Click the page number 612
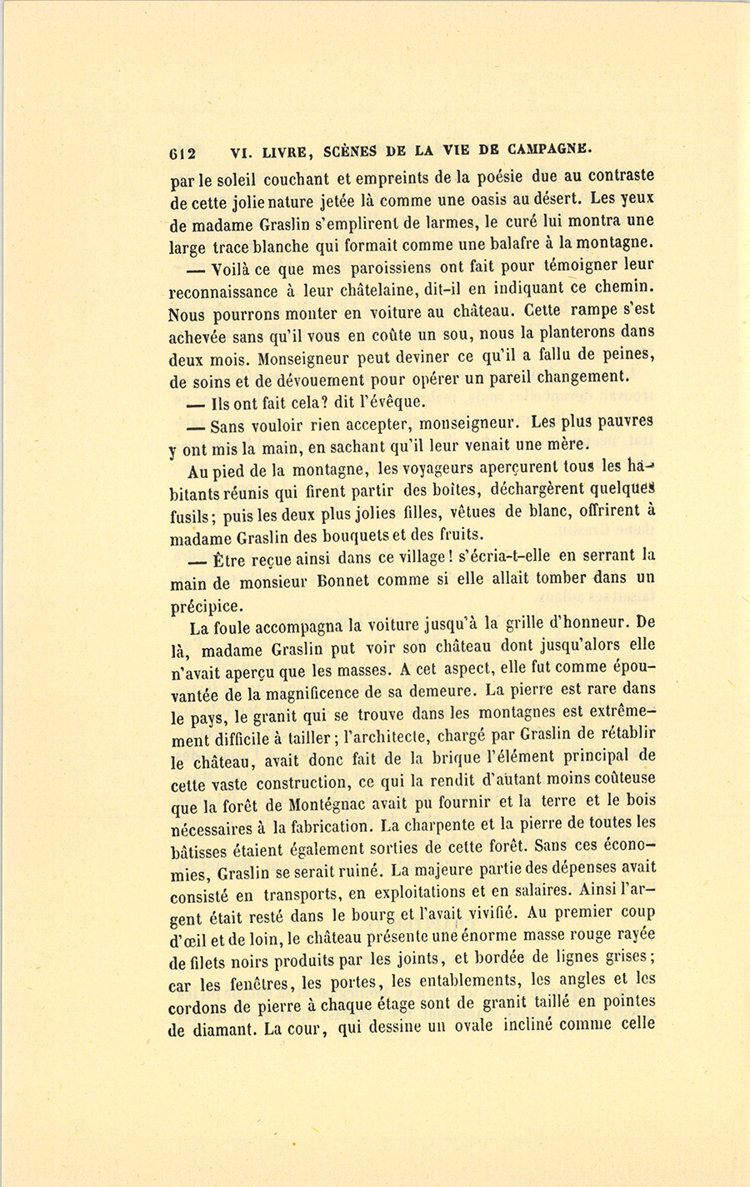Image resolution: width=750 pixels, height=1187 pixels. point(182,153)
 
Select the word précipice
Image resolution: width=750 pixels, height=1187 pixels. point(204,604)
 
